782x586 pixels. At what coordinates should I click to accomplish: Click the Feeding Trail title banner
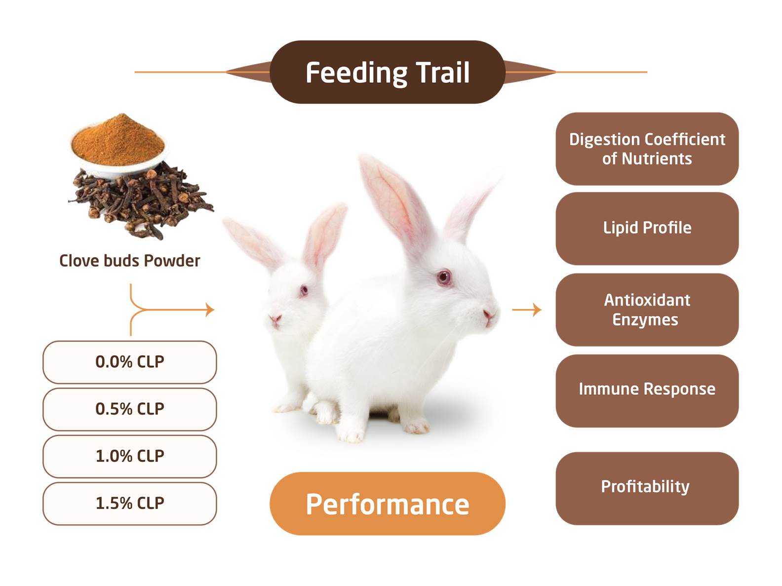tap(387, 72)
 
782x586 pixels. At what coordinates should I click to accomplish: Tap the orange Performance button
tap(387, 504)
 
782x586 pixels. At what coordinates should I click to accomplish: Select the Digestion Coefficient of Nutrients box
tap(647, 149)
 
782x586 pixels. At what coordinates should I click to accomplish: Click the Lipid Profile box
tap(647, 229)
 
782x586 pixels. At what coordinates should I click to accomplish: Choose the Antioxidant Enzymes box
tap(647, 310)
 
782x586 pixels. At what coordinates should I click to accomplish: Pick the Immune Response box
tap(647, 391)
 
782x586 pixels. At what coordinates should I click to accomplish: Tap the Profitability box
tap(647, 488)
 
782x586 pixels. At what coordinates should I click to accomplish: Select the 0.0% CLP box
tap(130, 362)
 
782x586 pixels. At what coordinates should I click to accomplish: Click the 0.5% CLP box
tap(130, 409)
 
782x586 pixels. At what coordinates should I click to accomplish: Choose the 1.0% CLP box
tap(130, 456)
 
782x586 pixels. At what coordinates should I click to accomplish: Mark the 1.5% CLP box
tap(130, 504)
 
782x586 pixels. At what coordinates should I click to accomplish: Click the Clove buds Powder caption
tap(130, 261)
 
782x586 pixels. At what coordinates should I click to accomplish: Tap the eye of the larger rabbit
tap(444, 277)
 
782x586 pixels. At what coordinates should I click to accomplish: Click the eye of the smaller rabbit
tap(304, 290)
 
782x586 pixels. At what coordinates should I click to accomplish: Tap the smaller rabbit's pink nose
tap(275, 318)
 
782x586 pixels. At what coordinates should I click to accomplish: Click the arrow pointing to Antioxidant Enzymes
tap(527, 310)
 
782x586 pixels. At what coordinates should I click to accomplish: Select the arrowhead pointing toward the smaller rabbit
tap(210, 310)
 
